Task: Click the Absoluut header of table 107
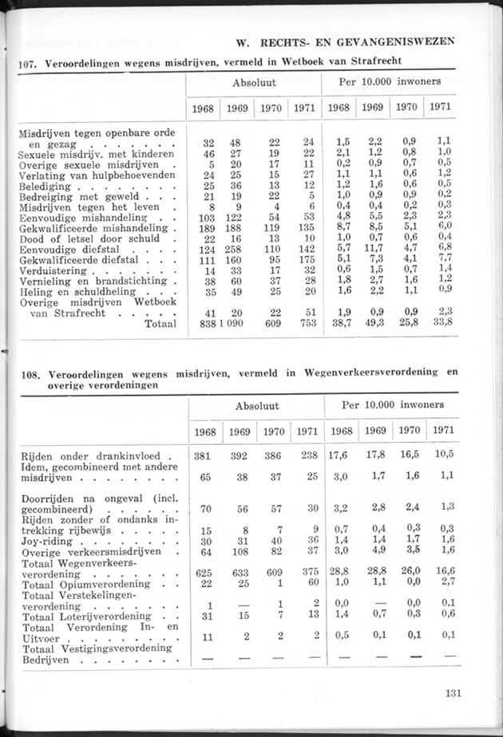[x=254, y=82]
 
